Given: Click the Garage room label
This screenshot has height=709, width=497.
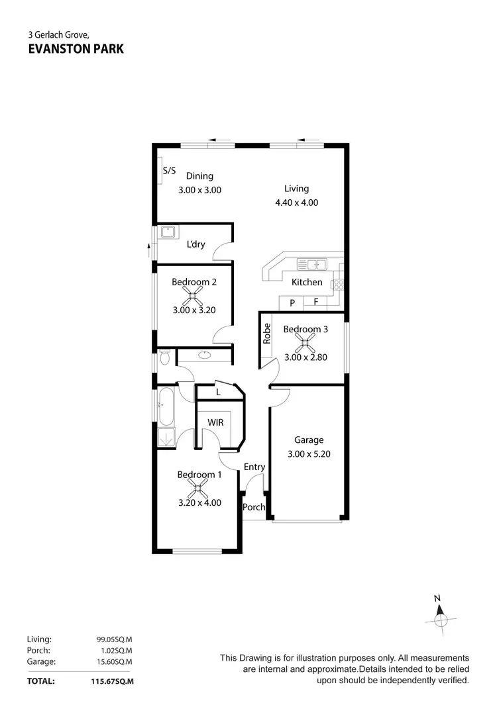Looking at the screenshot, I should pyautogui.click(x=309, y=440).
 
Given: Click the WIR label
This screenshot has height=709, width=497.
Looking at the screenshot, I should pyautogui.click(x=215, y=422).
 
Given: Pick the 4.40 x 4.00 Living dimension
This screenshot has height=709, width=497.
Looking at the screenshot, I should pyautogui.click(x=296, y=203).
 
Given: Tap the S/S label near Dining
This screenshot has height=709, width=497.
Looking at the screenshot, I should pyautogui.click(x=169, y=171).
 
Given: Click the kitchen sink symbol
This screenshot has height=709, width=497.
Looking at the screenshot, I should pyautogui.click(x=311, y=265).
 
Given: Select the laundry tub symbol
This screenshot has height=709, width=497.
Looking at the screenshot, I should pyautogui.click(x=168, y=232).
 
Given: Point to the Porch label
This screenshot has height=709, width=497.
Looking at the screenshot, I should pyautogui.click(x=254, y=508).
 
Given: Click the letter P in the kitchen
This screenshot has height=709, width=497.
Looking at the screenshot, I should pyautogui.click(x=292, y=303).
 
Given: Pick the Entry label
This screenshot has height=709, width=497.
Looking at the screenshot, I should pyautogui.click(x=254, y=467).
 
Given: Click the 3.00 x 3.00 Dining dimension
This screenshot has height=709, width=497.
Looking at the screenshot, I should pyautogui.click(x=199, y=189).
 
